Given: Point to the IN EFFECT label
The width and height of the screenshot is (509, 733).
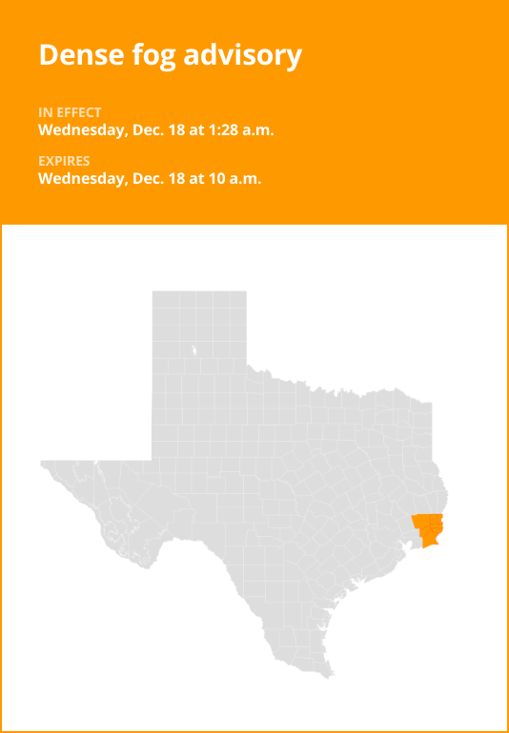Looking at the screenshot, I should pos(70,112).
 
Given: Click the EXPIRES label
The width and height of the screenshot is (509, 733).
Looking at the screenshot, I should pos(64,161).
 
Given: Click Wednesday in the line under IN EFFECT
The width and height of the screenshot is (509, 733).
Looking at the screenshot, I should pos(79,129).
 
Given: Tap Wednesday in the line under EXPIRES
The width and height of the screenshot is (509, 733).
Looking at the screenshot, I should pos(79,178).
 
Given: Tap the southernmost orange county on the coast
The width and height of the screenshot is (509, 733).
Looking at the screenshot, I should pos(431,540).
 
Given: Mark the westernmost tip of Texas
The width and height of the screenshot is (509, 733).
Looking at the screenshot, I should pos(42,464).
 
